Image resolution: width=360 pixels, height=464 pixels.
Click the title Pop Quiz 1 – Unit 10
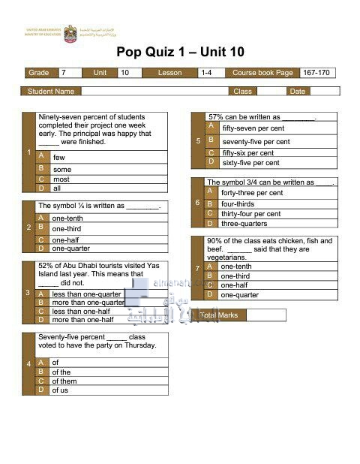(181, 52)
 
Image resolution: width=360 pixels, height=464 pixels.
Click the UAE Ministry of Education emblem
(70, 32)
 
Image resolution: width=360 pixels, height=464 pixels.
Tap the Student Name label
(51, 92)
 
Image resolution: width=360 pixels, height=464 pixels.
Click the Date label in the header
(298, 92)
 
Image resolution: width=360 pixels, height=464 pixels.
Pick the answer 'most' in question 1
(61, 179)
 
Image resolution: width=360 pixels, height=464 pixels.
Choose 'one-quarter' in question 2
(70, 248)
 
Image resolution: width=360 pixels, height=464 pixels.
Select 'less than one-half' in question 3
(81, 311)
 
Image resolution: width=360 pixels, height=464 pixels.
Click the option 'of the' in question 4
(61, 372)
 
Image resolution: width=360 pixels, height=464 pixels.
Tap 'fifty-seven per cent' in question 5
(256, 128)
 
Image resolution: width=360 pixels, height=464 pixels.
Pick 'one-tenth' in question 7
(236, 267)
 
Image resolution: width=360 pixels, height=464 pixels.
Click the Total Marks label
(219, 315)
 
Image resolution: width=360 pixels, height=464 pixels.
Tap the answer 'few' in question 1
(59, 157)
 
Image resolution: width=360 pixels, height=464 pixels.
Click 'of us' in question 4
(59, 390)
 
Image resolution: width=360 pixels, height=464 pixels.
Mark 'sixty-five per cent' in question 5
(250, 162)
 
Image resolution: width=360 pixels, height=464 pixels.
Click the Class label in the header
(242, 92)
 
